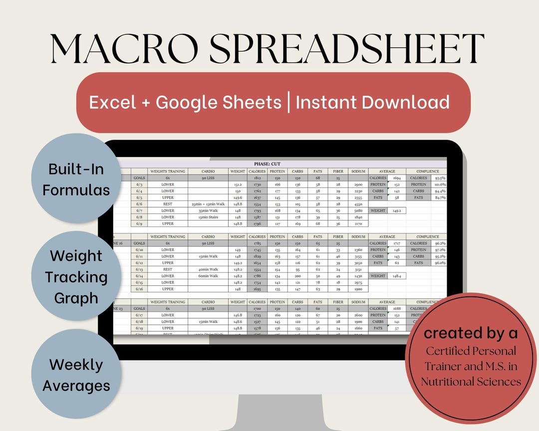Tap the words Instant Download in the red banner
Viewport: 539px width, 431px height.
click(373, 102)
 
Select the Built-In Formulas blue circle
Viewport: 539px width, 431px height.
click(76, 180)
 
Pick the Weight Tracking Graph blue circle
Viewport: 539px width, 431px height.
click(76, 277)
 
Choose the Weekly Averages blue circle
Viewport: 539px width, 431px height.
click(76, 375)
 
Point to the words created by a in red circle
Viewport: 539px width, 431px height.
click(471, 333)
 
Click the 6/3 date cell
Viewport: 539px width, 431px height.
click(139, 185)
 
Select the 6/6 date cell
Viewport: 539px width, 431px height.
click(139, 204)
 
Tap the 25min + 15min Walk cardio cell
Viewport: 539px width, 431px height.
click(208, 204)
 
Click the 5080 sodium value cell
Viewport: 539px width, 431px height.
click(357, 211)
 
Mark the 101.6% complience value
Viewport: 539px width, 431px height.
click(439, 185)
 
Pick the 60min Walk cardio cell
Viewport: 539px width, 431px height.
click(208, 276)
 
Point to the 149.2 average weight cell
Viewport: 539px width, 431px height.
click(397, 211)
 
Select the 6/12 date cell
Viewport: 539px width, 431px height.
click(139, 263)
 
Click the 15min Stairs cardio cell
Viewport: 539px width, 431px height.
click(208, 217)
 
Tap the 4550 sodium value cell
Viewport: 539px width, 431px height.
click(357, 204)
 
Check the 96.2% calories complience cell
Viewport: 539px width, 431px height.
click(439, 243)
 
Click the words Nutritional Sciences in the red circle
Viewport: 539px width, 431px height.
click(471, 382)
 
